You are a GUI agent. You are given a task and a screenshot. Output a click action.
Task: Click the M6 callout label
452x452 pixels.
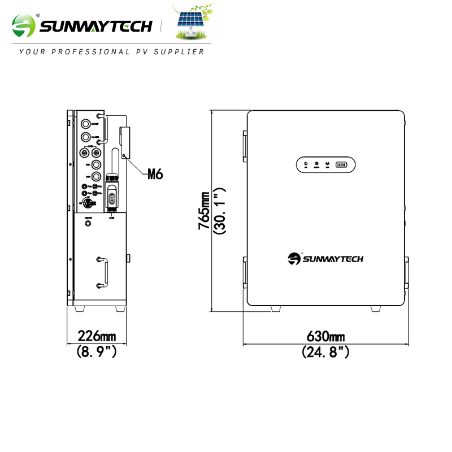point(155,173)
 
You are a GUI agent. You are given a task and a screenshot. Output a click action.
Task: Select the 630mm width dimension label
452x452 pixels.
point(326,337)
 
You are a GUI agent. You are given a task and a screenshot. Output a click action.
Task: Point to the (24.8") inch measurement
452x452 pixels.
point(326,352)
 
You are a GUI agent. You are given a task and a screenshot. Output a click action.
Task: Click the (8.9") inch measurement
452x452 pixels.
point(97,352)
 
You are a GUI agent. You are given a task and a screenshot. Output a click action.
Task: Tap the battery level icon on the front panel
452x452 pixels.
point(342,164)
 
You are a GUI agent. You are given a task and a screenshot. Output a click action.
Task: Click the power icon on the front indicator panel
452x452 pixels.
point(306,164)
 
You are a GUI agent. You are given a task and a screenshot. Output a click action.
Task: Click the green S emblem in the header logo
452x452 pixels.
point(23,26)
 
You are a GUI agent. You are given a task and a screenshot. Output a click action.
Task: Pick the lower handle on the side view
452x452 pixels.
point(102,272)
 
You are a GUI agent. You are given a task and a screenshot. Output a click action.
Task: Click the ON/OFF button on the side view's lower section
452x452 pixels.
point(88,223)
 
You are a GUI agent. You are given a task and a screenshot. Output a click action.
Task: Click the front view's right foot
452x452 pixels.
point(376,308)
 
